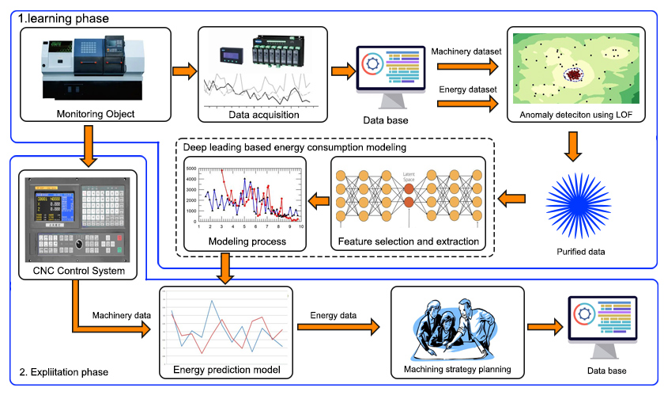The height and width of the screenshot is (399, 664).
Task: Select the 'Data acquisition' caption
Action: coord(259,114)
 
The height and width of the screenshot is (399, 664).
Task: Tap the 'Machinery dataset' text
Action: coord(466,52)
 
